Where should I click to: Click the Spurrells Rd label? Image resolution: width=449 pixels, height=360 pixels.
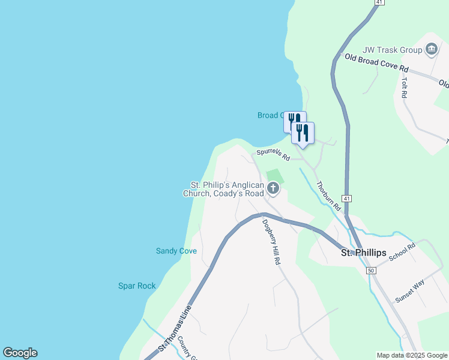pyautogui.click(x=273, y=155)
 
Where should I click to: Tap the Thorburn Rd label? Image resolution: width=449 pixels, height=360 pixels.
pyautogui.click(x=328, y=196)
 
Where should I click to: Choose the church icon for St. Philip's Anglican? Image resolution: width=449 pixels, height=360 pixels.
pyautogui.click(x=273, y=190)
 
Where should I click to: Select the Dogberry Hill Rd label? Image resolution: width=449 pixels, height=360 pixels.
pyautogui.click(x=271, y=242)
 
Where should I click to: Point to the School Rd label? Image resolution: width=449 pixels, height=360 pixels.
pyautogui.click(x=402, y=252)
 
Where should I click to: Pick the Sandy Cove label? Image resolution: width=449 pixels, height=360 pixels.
pyautogui.click(x=176, y=251)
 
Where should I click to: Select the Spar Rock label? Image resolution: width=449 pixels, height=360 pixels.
pyautogui.click(x=137, y=286)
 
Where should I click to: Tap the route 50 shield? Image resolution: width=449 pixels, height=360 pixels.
pyautogui.click(x=372, y=271)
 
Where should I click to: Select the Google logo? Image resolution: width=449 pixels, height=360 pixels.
pyautogui.click(x=20, y=353)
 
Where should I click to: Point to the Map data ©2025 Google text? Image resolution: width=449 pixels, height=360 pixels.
pyautogui.click(x=412, y=355)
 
